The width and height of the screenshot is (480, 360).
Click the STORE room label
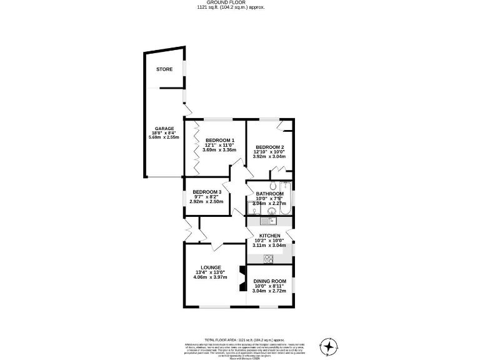pyautogui.click(x=164, y=69)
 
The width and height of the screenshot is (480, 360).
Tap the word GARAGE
pyautogui.click(x=164, y=129)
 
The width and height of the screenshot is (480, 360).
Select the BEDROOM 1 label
pyautogui.click(x=219, y=140)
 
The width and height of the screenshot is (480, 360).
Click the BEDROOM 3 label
pyautogui.click(x=207, y=192)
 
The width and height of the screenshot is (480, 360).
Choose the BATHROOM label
pyautogui.click(x=269, y=194)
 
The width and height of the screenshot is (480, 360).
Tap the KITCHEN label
pyautogui.click(x=269, y=236)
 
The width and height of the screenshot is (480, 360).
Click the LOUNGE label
pyautogui.click(x=211, y=267)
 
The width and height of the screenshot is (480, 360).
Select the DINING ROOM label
pyautogui.click(x=269, y=281)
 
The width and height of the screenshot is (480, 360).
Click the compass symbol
pyautogui.click(x=329, y=346)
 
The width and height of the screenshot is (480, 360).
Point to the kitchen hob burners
pyautogui.click(x=269, y=258)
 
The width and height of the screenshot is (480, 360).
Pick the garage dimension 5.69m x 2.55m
pyautogui.click(x=164, y=137)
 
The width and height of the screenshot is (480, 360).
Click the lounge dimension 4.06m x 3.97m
pyautogui.click(x=211, y=278)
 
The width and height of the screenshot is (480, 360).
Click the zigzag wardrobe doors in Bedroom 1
pyautogui.click(x=196, y=148)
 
